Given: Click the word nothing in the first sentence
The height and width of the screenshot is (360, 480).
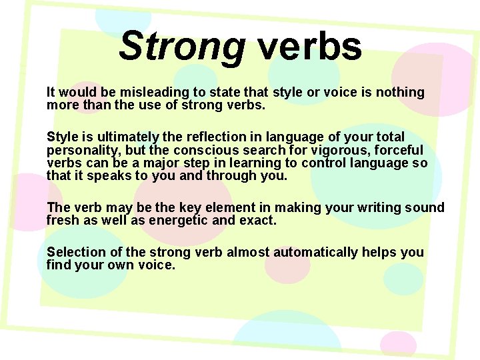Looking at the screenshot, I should coord(400,92).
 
